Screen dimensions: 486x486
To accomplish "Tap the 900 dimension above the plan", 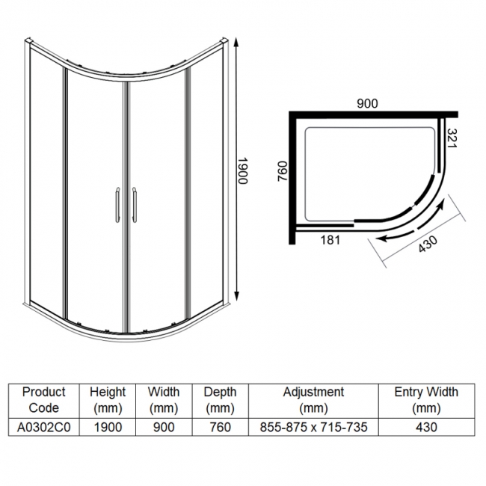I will (x=366, y=105).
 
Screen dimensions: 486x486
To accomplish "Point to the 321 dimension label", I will (x=451, y=140).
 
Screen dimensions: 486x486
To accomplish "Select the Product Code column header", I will (x=44, y=399).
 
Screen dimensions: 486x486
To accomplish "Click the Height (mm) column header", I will (x=108, y=399).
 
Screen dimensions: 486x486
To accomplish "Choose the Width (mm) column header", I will (x=164, y=399).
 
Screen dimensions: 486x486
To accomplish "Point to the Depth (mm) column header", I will (x=220, y=399).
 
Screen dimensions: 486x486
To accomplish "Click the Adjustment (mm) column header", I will (x=313, y=399).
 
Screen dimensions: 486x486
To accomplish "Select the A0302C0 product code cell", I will (x=44, y=427).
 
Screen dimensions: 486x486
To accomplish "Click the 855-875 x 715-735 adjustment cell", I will (x=313, y=427).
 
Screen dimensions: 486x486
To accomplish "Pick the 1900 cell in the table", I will (x=108, y=427).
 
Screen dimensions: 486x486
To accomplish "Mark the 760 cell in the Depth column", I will (x=220, y=427).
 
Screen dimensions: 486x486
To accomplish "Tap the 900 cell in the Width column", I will (x=164, y=427).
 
